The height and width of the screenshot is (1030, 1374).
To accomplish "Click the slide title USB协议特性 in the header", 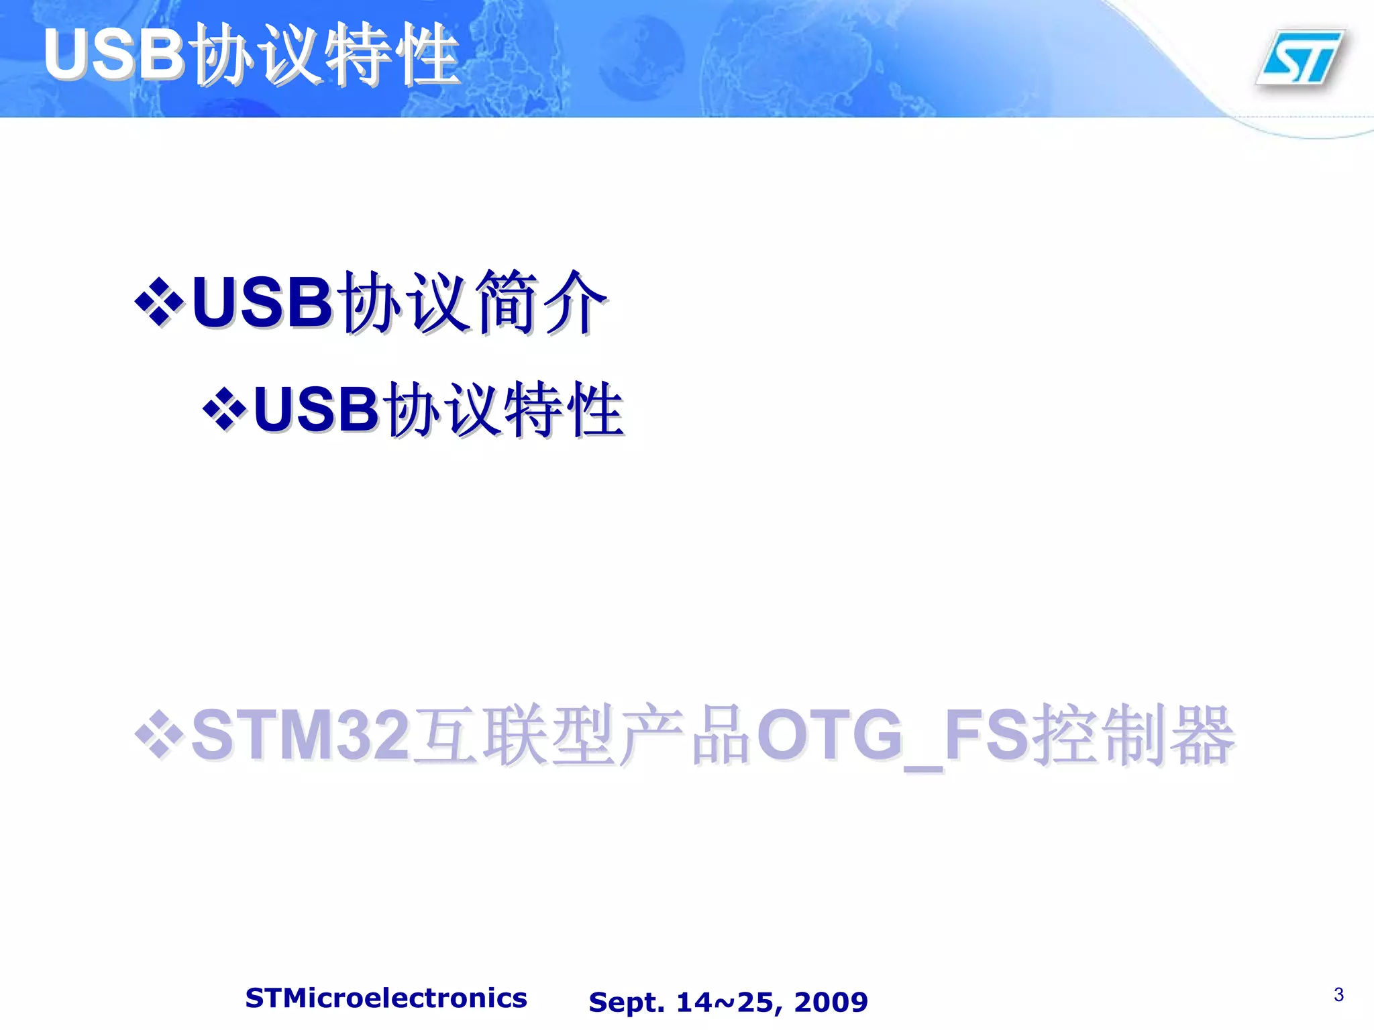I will pos(252,55).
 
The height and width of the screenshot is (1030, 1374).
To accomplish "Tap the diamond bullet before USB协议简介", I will pos(159,302).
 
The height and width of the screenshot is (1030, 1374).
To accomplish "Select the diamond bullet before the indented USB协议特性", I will pos(224,410).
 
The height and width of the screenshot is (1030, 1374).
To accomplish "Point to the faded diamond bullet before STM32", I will pos(159,736).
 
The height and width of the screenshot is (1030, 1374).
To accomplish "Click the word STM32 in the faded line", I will pos(300,736).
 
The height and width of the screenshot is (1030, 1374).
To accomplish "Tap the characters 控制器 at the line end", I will pos(1134,736).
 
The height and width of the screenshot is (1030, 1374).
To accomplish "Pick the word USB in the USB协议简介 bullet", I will pos(262,302).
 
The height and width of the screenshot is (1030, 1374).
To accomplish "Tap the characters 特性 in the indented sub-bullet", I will pos(564,410).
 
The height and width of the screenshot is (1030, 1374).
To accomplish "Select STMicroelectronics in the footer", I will pos(386,998).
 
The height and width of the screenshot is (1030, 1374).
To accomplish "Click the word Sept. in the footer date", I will pos(627,1002).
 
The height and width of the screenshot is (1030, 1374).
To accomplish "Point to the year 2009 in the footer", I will pos(831,1002).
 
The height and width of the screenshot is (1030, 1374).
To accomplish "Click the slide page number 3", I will pos(1338,994).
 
